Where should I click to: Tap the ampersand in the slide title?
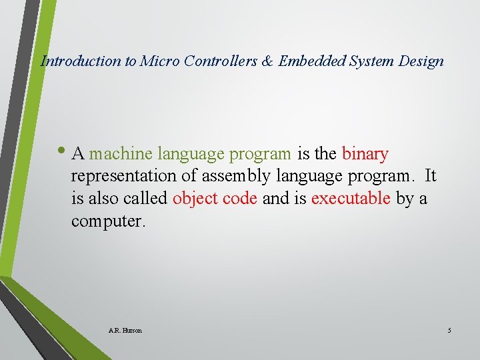267,61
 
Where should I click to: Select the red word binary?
365,154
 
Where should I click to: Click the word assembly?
237,177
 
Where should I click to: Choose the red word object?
195,199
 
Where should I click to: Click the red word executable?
351,199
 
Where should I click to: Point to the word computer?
107,221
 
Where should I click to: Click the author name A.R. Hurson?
125,331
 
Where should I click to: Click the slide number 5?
449,331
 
